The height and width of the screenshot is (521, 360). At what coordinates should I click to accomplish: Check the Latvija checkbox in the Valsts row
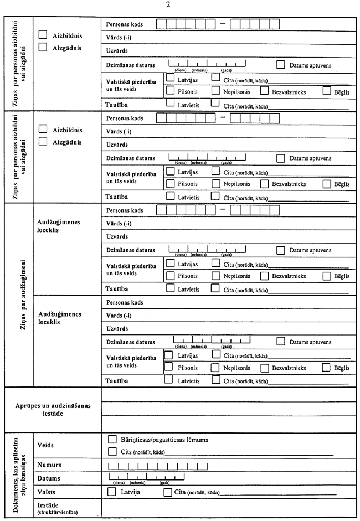point(111,492)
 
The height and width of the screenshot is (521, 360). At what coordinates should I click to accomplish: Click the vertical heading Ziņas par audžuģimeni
point(19,295)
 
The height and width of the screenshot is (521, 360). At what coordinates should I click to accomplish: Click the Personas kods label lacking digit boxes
point(125,302)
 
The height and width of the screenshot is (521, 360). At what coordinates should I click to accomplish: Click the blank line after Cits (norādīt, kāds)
point(249,453)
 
